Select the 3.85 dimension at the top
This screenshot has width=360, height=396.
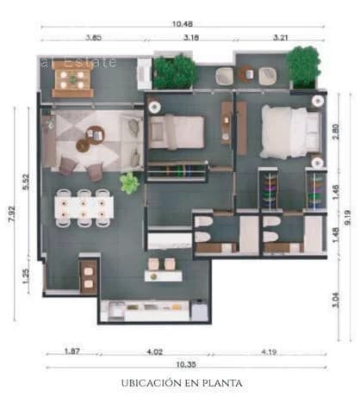pos(93,37)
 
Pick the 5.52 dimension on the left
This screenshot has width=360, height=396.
pos(27,182)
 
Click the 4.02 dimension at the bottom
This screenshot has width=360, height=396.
pos(154,351)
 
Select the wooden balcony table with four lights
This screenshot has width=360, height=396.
pos(72,79)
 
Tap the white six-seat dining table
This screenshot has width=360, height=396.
pos(84,207)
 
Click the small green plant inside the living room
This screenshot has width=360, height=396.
pos(129,183)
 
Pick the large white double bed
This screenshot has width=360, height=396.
pos(289,131)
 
